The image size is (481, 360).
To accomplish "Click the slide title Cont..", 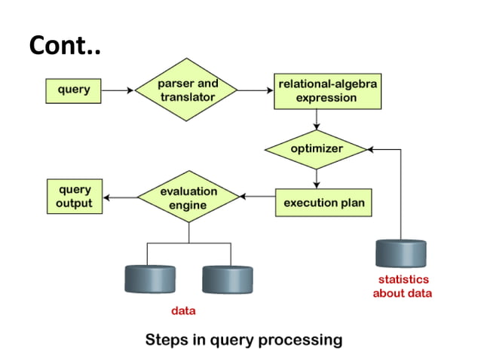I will click(x=65, y=46).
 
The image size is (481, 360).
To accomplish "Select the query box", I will click(x=74, y=90).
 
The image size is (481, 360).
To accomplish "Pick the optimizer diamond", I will click(x=317, y=148).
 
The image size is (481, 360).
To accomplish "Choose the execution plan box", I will click(x=323, y=203).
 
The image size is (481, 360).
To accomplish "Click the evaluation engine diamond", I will click(x=188, y=198).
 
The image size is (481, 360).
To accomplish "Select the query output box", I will click(x=75, y=197).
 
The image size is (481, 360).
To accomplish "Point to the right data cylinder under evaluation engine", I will click(x=227, y=279).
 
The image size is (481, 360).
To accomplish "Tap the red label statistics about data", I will click(x=402, y=287).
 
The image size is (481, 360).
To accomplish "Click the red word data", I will click(x=184, y=310).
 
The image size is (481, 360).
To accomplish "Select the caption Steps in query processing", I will click(x=244, y=340).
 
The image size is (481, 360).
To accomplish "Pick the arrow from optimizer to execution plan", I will click(x=317, y=177).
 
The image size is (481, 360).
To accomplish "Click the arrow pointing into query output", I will click(x=119, y=198).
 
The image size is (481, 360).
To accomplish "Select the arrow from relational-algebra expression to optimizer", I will click(x=317, y=121).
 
